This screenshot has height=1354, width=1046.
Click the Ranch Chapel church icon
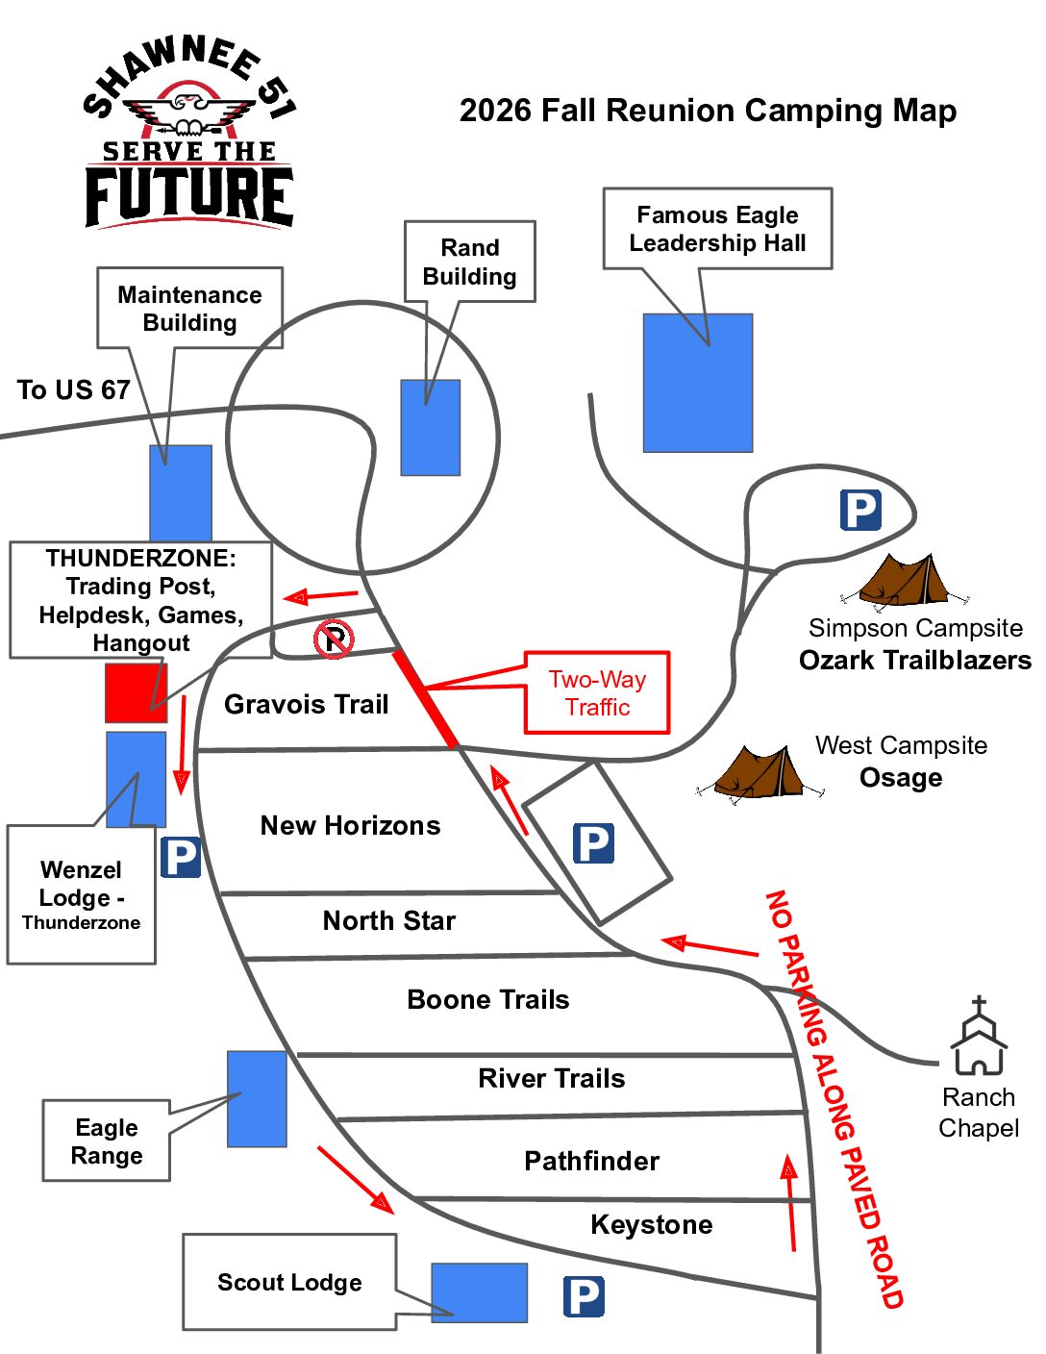coord(978,1035)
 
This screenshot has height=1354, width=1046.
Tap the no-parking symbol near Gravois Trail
coord(334,639)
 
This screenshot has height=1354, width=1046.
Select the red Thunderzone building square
coord(136,693)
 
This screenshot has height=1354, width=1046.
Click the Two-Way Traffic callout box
coord(597,693)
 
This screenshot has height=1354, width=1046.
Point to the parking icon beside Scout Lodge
coord(584,1296)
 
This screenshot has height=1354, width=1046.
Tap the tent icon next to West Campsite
coord(760,772)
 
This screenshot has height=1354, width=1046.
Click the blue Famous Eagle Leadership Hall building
coord(698,383)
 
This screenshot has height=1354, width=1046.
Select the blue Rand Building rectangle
coord(431,427)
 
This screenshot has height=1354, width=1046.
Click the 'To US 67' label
coord(73,390)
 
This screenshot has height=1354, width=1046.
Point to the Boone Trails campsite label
coord(488,999)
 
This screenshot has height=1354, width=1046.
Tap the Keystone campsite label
coord(652,1224)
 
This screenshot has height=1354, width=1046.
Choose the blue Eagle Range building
coord(257,1099)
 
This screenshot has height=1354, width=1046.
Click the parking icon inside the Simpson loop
coord(860,510)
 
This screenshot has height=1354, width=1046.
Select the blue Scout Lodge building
coord(480,1293)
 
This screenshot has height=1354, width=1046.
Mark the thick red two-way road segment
coord(425,698)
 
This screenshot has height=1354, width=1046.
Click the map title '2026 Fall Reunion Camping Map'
coord(708,111)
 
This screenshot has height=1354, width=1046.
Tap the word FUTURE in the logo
coord(189,196)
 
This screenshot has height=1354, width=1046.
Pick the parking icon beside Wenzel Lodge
coord(181,858)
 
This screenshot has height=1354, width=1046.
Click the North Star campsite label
coord(388,920)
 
